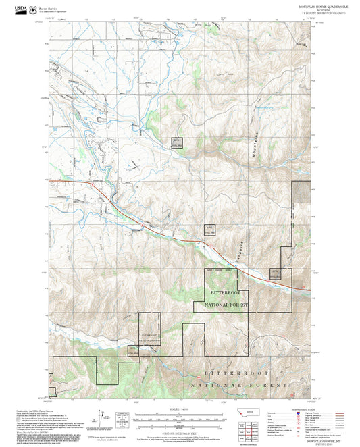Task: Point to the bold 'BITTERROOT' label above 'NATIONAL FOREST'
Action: click(x=226, y=294)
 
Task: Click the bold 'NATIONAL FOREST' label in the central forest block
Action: click(x=226, y=306)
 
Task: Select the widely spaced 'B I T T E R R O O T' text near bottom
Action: click(x=236, y=373)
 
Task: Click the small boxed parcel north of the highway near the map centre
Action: click(x=210, y=230)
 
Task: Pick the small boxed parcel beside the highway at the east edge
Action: click(x=275, y=273)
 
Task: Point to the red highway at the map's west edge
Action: click(x=57, y=180)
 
